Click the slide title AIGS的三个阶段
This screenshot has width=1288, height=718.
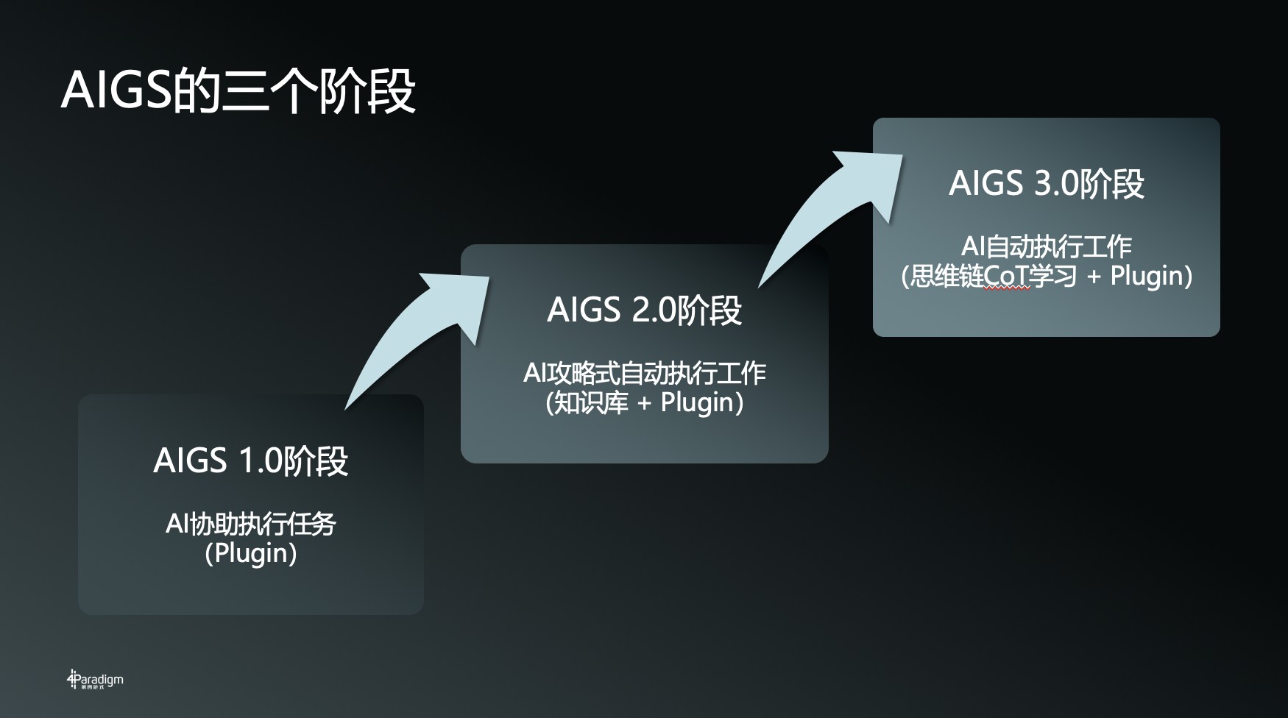(238, 91)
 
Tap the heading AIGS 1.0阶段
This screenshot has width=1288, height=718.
(250, 461)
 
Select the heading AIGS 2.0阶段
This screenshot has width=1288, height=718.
(644, 310)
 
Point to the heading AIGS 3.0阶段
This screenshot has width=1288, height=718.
(1046, 183)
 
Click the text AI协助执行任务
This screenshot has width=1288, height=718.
(250, 525)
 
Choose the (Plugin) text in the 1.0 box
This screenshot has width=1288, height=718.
(250, 553)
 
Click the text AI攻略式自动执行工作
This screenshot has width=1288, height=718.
(644, 373)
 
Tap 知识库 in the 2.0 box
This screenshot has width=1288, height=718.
(590, 402)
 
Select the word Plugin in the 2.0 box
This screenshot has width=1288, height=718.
(696, 402)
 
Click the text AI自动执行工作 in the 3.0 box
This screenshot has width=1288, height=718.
(1046, 246)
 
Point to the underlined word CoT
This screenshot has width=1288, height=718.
(1006, 277)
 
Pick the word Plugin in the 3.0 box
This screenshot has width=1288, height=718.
(1145, 276)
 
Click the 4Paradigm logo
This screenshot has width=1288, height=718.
(95, 680)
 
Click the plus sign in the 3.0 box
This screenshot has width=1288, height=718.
(1094, 277)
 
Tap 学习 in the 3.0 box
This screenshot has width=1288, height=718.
(1053, 277)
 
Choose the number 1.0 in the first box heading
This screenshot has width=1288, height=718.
(261, 461)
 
